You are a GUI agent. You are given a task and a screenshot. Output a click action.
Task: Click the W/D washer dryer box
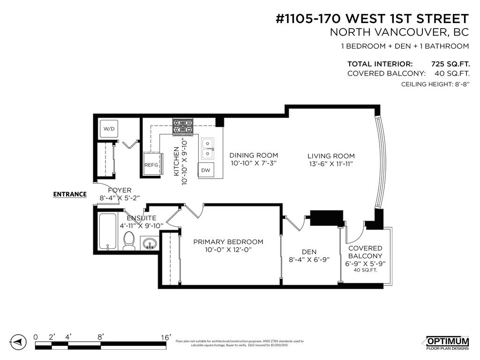109,128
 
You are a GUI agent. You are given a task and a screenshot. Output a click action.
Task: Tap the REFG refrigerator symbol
151,164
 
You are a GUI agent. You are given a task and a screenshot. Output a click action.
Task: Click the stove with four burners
183,127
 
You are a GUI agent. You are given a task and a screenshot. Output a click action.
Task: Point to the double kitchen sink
207,149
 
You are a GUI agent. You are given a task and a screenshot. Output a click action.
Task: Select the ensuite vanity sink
150,243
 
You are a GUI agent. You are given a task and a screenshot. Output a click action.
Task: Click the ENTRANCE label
70,194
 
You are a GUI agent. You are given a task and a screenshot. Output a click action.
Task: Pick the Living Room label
331,156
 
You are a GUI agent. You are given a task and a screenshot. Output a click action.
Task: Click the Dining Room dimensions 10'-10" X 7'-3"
253,164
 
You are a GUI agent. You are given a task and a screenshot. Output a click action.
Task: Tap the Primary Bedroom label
228,242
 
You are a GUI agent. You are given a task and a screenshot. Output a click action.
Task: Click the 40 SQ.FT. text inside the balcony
365,270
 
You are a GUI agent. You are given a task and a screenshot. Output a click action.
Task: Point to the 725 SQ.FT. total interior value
450,64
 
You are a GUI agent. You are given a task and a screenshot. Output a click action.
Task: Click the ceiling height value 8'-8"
458,84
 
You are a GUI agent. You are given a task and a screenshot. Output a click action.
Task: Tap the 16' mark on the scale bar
165,337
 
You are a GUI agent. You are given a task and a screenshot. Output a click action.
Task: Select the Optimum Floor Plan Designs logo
447,343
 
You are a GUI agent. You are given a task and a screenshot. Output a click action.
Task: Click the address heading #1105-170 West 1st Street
372,19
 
